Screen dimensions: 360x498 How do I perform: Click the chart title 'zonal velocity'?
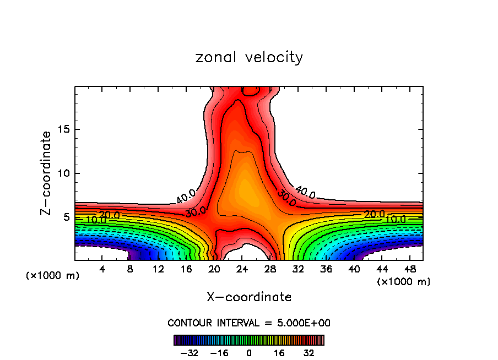249,57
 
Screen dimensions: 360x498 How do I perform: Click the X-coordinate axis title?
249,297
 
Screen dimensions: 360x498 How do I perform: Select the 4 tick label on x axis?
102,269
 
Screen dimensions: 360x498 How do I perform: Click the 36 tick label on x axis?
326,269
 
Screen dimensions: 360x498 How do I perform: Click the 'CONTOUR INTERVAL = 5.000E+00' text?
249,323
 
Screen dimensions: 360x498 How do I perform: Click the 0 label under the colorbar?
249,353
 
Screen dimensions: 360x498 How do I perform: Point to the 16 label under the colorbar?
279,353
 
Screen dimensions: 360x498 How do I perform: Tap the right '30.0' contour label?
286,199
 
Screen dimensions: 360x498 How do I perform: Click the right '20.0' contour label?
375,214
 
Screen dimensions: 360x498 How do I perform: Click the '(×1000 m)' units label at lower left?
53,276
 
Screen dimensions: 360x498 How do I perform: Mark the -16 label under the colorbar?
219,353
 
